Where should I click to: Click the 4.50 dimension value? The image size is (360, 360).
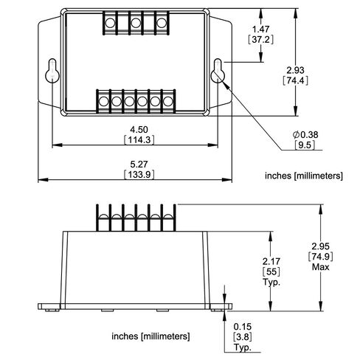tap(139, 129)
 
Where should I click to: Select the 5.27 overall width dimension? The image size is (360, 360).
tap(139, 164)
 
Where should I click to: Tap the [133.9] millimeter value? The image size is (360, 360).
tap(139, 174)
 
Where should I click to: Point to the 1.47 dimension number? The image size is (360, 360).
tap(260, 30)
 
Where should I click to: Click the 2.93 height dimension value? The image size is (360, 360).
tap(295, 70)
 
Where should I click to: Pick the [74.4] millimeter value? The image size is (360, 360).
tap(295, 80)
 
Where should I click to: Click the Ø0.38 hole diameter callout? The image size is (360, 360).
tap(305, 134)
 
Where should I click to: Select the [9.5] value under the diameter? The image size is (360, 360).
tap(305, 145)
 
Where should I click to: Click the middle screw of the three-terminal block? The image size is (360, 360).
tap(136, 23)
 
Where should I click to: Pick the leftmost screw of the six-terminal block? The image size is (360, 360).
tap(103, 101)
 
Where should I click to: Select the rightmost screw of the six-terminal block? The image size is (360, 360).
tap(167, 101)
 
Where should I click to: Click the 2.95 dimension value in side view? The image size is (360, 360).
tap(320, 246)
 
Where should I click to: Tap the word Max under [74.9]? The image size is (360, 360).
tap(320, 267)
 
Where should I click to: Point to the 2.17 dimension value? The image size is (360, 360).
tap(271, 261)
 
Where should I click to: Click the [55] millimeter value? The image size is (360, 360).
tap(271, 271)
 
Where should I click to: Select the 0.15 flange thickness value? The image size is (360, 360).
tap(243, 327)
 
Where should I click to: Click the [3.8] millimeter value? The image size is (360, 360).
tap(243, 336)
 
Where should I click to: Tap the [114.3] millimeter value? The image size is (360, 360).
tap(139, 140)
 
